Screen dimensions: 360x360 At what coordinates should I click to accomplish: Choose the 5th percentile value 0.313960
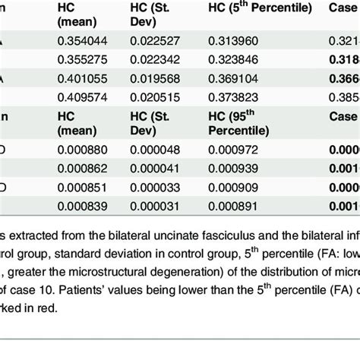pyautogui.click(x=242, y=40)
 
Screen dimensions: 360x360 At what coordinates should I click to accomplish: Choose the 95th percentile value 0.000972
pyautogui.click(x=242, y=150)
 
